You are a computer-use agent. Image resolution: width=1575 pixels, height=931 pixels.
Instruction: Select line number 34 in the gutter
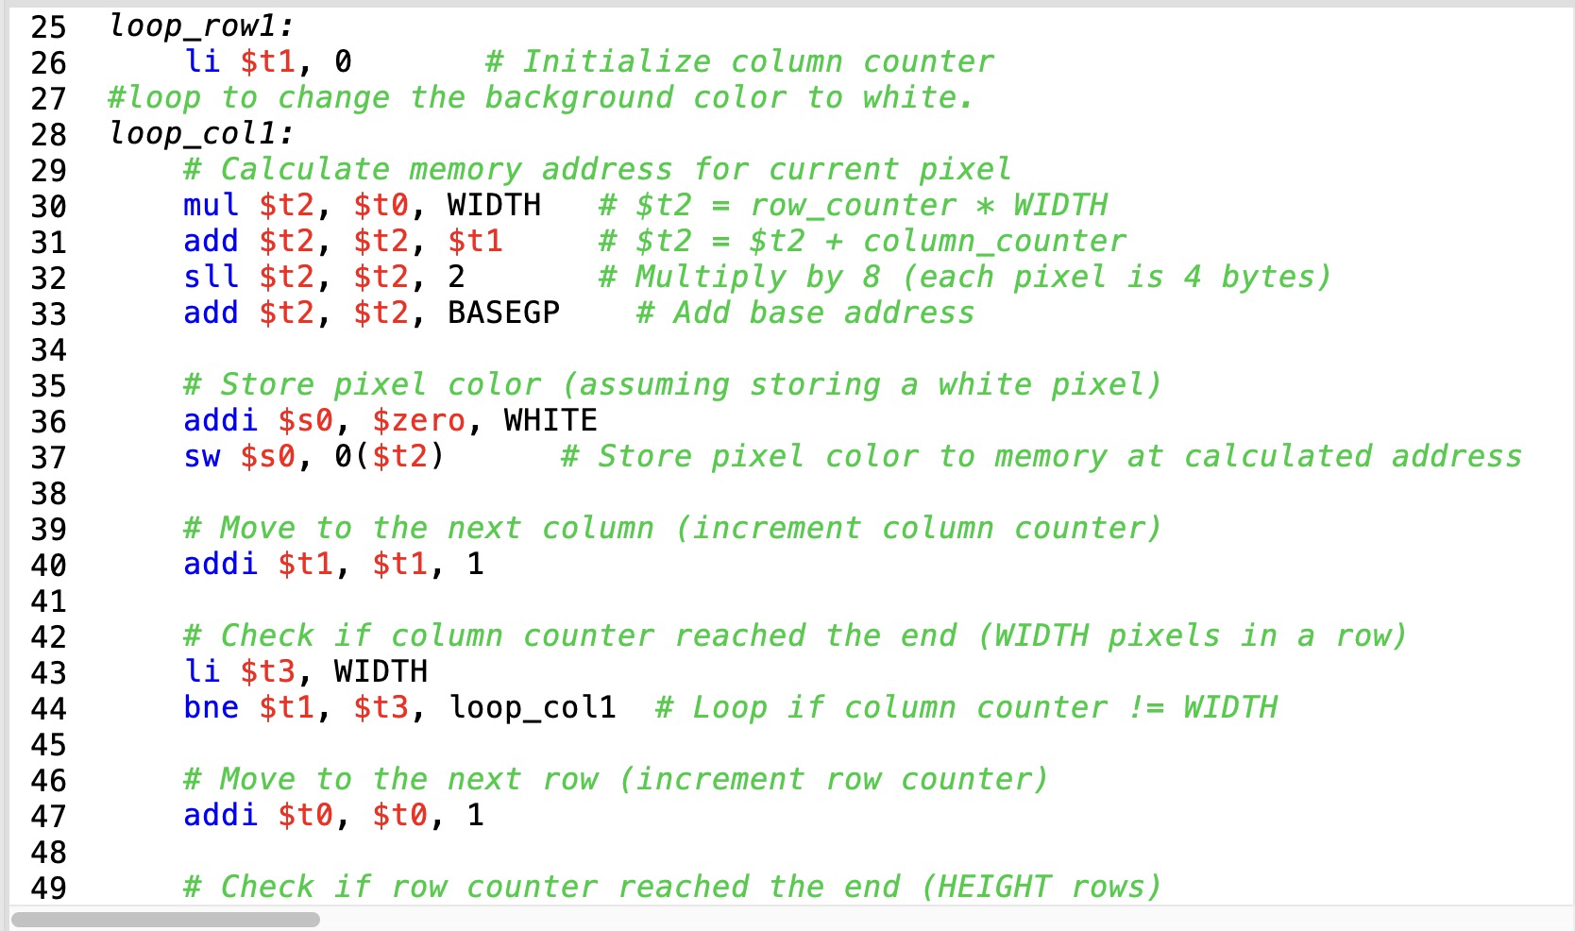[x=48, y=350]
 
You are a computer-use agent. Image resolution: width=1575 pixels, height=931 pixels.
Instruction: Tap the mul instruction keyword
[x=211, y=205]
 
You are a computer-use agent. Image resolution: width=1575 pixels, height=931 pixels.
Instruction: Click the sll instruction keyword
[x=211, y=277]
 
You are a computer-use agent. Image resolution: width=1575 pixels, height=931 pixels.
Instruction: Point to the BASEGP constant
[x=503, y=313]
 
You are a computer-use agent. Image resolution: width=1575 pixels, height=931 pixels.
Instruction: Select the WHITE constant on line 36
[x=550, y=420]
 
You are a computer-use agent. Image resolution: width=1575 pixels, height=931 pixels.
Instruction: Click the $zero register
[x=418, y=420]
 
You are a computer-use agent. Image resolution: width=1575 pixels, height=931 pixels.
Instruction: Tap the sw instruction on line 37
[x=201, y=457]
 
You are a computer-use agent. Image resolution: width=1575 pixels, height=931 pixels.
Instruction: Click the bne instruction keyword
[x=211, y=707]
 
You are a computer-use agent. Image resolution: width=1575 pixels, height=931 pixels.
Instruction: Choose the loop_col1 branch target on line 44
[x=533, y=707]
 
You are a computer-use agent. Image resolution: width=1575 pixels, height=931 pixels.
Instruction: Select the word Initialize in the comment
[x=616, y=62]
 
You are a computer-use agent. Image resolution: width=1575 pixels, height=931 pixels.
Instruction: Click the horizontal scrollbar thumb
[x=165, y=919]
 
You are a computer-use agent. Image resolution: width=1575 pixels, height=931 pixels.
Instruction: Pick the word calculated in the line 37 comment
[x=1277, y=457]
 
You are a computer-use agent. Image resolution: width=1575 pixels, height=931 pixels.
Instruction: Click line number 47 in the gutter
[x=48, y=816]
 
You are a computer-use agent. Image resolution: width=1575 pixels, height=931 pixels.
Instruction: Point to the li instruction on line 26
[x=201, y=62]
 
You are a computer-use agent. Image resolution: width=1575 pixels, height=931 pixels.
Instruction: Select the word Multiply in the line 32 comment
[x=710, y=277]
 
